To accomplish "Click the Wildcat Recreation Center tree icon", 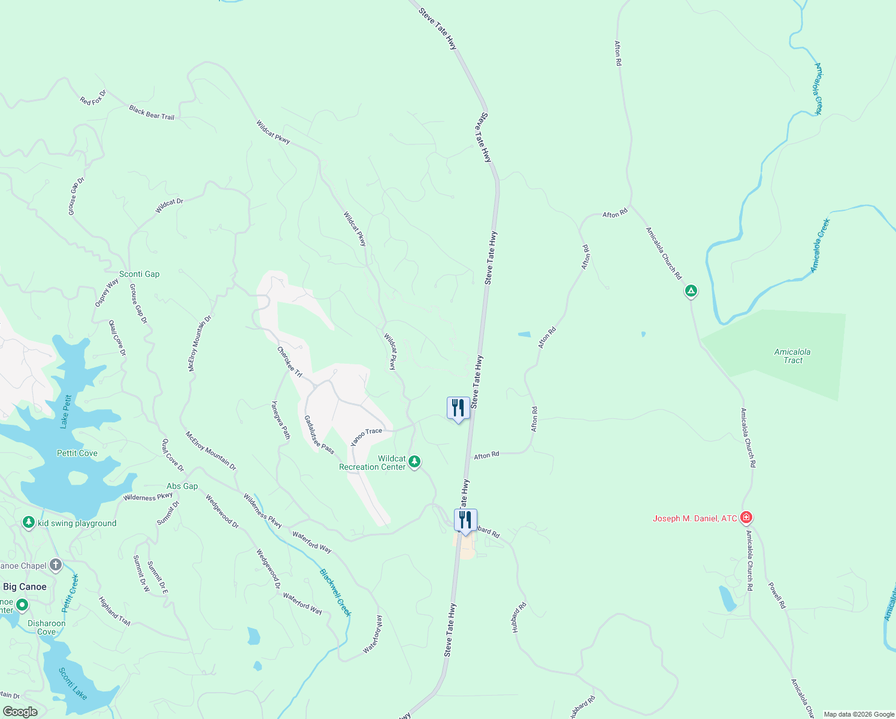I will coord(414,462).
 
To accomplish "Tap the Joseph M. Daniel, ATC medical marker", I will coord(746,517).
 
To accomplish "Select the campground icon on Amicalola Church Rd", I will coord(691,291).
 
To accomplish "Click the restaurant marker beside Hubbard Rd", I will coord(465,520).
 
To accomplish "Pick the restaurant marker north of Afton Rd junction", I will coord(458,408).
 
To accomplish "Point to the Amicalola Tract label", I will coord(792,356).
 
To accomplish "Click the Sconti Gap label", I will coord(139,274).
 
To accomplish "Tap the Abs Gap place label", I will coord(182,486).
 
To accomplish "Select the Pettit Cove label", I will coord(77,453).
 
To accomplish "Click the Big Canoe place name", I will coord(25,587).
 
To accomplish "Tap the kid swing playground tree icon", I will coord(28,522).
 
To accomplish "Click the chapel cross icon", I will coord(56,564).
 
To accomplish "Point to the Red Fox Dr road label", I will coord(93,98).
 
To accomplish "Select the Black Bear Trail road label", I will coord(152,112).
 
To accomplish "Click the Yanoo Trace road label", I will coord(366,436).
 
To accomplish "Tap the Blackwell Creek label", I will coord(335,592).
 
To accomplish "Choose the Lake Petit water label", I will coord(66,411).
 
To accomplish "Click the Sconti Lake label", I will coord(73,683).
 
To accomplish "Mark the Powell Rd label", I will coord(777,594).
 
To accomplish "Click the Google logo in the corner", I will coord(20,712).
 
